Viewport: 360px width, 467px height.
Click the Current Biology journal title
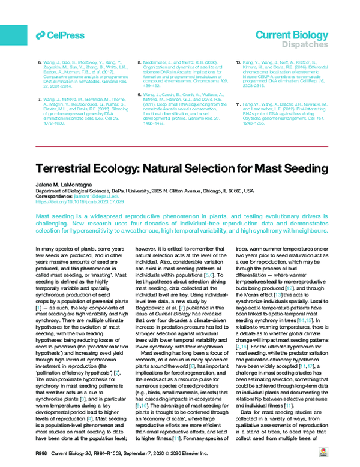click(292, 35)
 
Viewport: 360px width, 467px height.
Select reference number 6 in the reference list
click(40, 62)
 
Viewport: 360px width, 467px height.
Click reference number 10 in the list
click(238, 62)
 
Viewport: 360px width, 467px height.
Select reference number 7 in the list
click(40, 98)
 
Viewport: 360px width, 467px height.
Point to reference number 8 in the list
click(140, 62)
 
